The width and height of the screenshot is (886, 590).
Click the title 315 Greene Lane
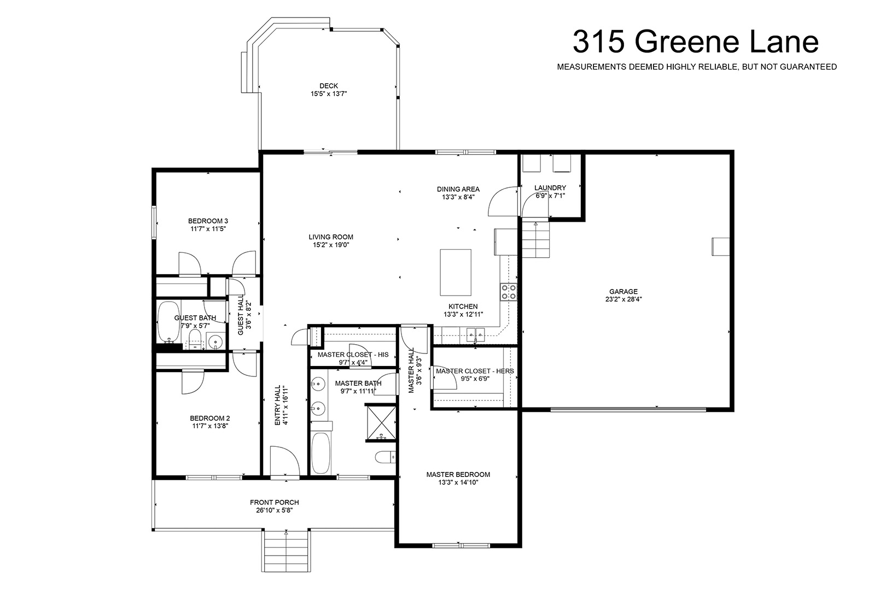695,42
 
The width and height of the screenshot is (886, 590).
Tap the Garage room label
623,292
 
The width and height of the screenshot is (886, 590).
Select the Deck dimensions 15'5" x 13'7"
329,93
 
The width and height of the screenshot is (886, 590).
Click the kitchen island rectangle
456,272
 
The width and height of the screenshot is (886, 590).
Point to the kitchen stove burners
508,292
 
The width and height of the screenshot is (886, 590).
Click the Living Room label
331,237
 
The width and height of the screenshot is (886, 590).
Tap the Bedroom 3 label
208,221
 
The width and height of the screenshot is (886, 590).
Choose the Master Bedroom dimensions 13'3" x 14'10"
458,482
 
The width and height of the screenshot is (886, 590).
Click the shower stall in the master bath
382,422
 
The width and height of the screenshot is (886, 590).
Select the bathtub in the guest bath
168,322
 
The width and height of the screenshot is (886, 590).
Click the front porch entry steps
286,551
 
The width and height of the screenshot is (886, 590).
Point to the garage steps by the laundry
535,239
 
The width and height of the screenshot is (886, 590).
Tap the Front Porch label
275,502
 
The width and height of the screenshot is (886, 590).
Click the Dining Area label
458,189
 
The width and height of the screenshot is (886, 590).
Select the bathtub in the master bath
321,452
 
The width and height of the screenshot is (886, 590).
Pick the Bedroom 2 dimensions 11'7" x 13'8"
211,426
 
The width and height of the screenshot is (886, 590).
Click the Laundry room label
550,188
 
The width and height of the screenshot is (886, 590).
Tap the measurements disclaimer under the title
697,67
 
